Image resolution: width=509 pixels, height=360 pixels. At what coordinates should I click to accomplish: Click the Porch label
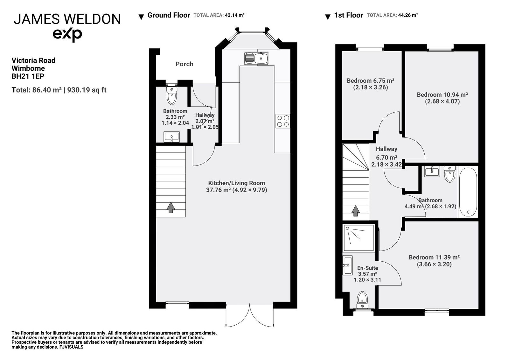point(184,64)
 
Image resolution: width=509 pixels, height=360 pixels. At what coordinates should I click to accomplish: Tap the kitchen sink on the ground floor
point(256,58)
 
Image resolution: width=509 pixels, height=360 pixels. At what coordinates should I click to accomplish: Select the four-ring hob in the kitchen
point(283,121)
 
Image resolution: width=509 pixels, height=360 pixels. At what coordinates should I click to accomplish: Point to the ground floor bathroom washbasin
point(171,137)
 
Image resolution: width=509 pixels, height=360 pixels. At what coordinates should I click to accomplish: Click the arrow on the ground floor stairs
point(171,208)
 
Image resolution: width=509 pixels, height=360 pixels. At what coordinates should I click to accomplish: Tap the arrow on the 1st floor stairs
point(355,211)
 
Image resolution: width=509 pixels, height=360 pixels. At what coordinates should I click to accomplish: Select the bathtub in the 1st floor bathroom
point(468,193)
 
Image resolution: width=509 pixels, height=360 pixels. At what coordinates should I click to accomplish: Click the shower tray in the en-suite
point(359,238)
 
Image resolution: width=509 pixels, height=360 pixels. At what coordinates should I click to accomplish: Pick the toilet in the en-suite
point(362,300)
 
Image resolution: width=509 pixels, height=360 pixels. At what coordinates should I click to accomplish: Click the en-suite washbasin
point(347,265)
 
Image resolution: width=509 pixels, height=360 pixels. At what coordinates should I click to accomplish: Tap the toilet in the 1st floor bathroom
point(450,174)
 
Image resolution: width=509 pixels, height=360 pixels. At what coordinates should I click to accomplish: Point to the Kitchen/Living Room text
point(237,183)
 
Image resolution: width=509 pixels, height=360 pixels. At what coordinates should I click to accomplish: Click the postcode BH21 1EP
point(28,76)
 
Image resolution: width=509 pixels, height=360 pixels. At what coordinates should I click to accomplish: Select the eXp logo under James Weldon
point(67,35)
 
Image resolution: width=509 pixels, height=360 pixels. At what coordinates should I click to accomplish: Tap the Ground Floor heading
point(169,15)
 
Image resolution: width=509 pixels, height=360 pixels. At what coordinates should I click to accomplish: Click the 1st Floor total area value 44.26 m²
point(408,15)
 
